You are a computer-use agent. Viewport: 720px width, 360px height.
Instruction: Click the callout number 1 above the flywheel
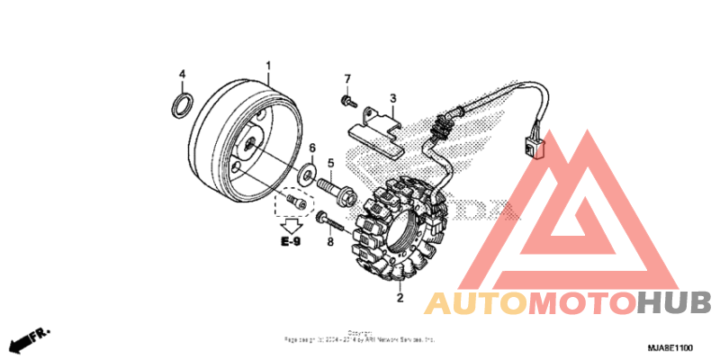tap(267, 66)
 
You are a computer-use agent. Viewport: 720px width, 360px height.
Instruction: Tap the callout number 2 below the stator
tap(400, 297)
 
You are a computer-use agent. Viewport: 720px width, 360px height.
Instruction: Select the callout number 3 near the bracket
tap(393, 98)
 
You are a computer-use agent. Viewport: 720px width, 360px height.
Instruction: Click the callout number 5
tap(330, 163)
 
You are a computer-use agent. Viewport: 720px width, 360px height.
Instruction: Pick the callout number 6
tap(312, 148)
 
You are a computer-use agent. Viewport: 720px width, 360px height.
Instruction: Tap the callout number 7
tap(347, 79)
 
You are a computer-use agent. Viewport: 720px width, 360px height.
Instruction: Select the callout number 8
tap(329, 243)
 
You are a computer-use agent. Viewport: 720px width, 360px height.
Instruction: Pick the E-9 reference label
tap(290, 242)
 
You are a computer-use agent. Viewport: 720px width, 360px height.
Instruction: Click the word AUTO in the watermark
tap(477, 304)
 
